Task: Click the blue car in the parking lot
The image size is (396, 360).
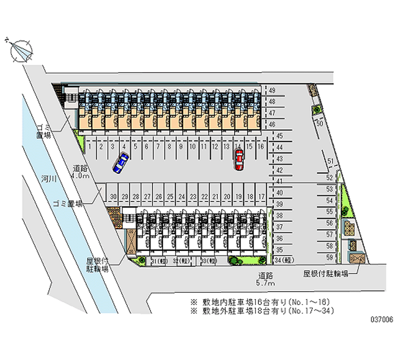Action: tap(120, 163)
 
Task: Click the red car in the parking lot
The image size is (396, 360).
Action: tap(239, 160)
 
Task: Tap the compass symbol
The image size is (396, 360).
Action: tap(20, 49)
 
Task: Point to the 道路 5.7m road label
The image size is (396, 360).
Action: tap(266, 279)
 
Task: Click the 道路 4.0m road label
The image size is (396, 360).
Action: tap(80, 172)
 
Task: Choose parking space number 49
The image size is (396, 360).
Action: tap(272, 91)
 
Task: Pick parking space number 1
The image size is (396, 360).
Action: tap(89, 147)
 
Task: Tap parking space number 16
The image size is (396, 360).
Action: tap(261, 147)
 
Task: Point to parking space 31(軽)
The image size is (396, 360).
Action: tap(158, 261)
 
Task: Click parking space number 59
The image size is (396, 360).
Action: tap(329, 257)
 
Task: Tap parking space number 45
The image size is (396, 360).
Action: tap(280, 136)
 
